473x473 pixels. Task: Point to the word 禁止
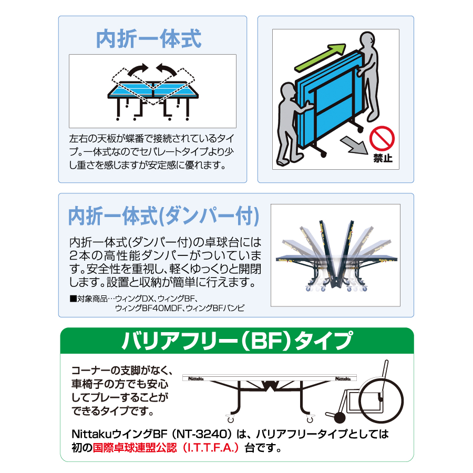pyautogui.click(x=383, y=158)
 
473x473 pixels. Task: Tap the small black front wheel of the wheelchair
pyautogui.click(x=340, y=418)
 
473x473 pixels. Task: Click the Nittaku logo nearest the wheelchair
pyautogui.click(x=344, y=377)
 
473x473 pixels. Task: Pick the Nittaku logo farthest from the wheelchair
pyautogui.click(x=194, y=377)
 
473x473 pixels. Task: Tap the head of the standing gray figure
pyautogui.click(x=367, y=43)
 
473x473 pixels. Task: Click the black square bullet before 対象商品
pyautogui.click(x=73, y=299)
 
